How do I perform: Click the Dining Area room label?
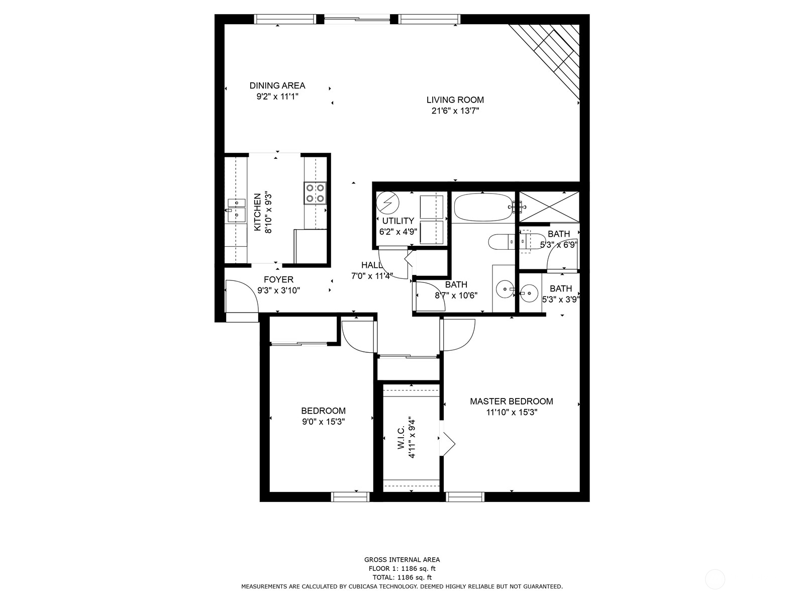277,86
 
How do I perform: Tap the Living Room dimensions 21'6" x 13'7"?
455,112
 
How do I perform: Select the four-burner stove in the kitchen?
315,193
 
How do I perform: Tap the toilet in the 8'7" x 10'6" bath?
502,242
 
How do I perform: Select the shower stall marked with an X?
549,207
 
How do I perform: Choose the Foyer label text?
278,280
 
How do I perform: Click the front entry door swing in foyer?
241,297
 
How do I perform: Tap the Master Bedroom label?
511,401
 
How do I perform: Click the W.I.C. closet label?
401,438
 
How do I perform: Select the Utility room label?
398,221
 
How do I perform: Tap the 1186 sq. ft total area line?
401,577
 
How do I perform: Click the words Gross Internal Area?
401,560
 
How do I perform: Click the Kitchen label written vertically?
257,212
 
